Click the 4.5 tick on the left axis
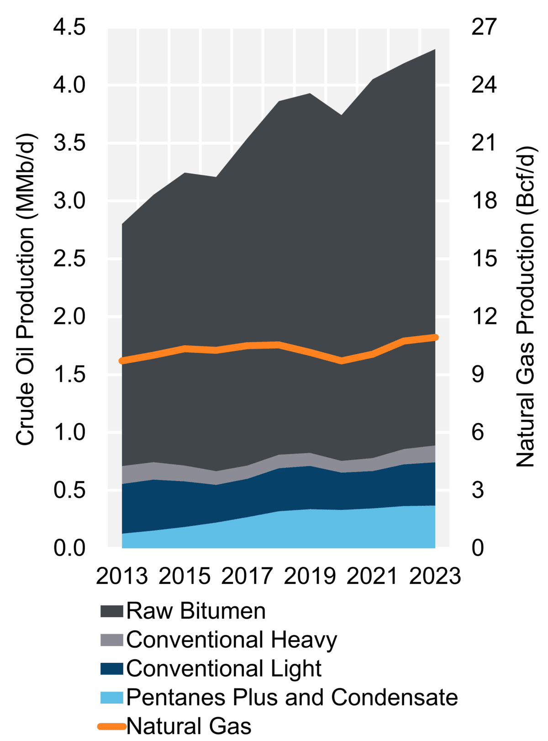pos(69,27)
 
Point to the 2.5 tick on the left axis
pos(69,259)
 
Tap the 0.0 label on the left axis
pos(69,547)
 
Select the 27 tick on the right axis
pos(484,27)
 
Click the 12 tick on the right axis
pos(484,316)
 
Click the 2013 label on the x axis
pos(122,576)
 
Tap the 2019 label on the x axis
pos(310,576)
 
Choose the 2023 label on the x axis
pos(435,576)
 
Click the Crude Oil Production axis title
pos(25,290)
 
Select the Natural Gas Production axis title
pos(525,306)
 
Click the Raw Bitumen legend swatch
pos(112,611)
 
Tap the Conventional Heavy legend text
pos(232,640)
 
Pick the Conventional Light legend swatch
pos(112,669)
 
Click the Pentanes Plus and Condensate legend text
pos(292,698)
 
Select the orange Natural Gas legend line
pos(112,726)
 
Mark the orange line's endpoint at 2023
pos(435,337)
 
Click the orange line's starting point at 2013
pos(122,361)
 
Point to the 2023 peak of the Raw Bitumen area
pos(435,49)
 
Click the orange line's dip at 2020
pos(341,361)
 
